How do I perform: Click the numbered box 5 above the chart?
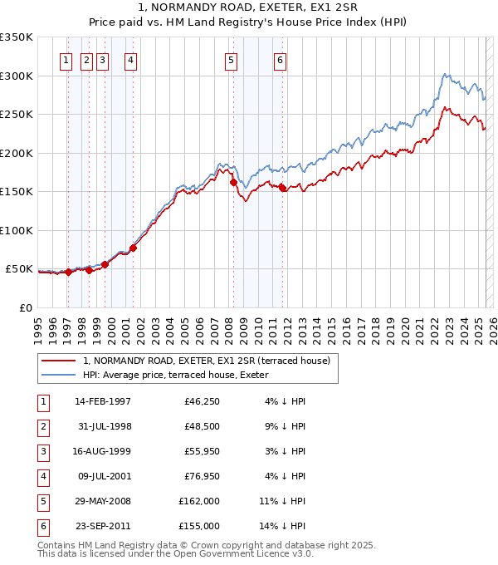[x=230, y=60]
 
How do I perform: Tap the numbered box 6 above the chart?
[x=280, y=60]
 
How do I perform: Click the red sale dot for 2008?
[x=233, y=182]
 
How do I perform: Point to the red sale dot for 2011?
[x=282, y=188]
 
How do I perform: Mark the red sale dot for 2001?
[x=133, y=248]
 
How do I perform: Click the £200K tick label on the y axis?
[x=17, y=153]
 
